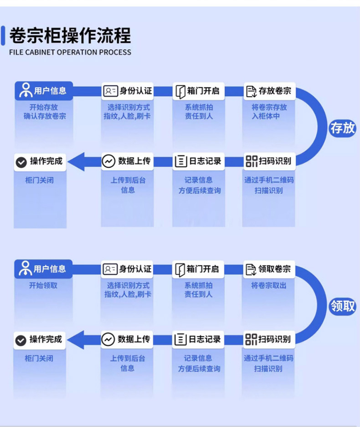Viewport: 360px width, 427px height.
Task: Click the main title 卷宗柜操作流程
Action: [x=70, y=35]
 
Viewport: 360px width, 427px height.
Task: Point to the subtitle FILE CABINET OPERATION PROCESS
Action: [x=70, y=52]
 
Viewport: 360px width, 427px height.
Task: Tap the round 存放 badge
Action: [x=342, y=128]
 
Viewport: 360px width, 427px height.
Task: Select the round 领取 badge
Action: [x=342, y=306]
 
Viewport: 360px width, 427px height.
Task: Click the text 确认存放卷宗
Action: [x=45, y=116]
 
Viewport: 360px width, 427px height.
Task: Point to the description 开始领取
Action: [x=43, y=286]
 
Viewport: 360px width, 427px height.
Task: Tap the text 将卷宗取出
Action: [x=269, y=286]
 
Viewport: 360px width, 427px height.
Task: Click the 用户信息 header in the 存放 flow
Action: [x=44, y=91]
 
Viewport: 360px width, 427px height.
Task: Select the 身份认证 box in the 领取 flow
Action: [x=128, y=269]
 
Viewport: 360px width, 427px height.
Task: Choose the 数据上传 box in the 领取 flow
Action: [x=128, y=339]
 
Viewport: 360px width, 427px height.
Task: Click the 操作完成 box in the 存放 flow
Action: [x=40, y=161]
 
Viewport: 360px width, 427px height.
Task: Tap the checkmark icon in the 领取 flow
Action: [x=21, y=340]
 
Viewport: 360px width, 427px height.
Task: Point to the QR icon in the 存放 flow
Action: [x=251, y=161]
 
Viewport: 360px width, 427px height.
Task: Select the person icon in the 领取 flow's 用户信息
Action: [x=25, y=269]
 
